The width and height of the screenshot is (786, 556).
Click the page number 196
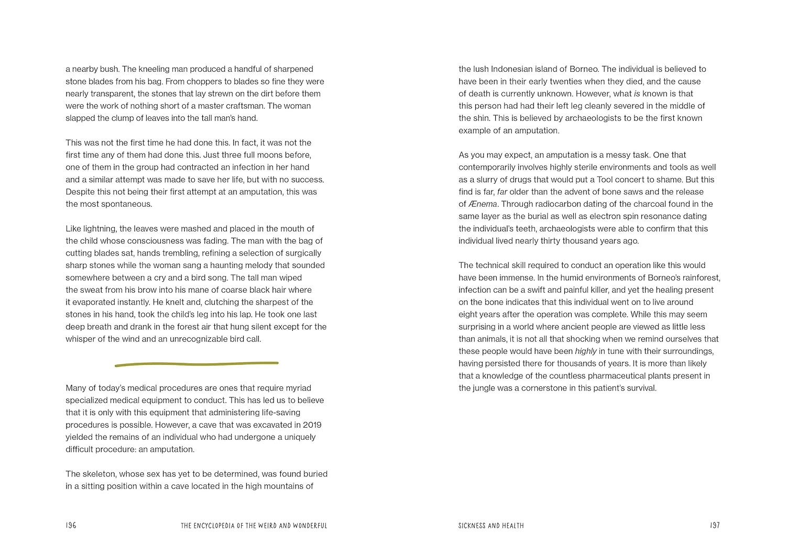click(x=71, y=525)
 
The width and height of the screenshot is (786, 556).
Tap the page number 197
click(x=715, y=525)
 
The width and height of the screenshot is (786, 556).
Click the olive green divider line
click(x=196, y=364)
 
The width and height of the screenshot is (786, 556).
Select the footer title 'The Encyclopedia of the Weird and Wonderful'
click(x=254, y=526)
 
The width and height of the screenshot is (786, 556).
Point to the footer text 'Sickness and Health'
click(x=491, y=526)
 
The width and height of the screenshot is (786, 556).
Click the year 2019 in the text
click(x=311, y=425)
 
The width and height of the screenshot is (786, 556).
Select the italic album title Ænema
click(x=483, y=204)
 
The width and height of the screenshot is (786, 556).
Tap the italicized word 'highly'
click(x=586, y=351)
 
